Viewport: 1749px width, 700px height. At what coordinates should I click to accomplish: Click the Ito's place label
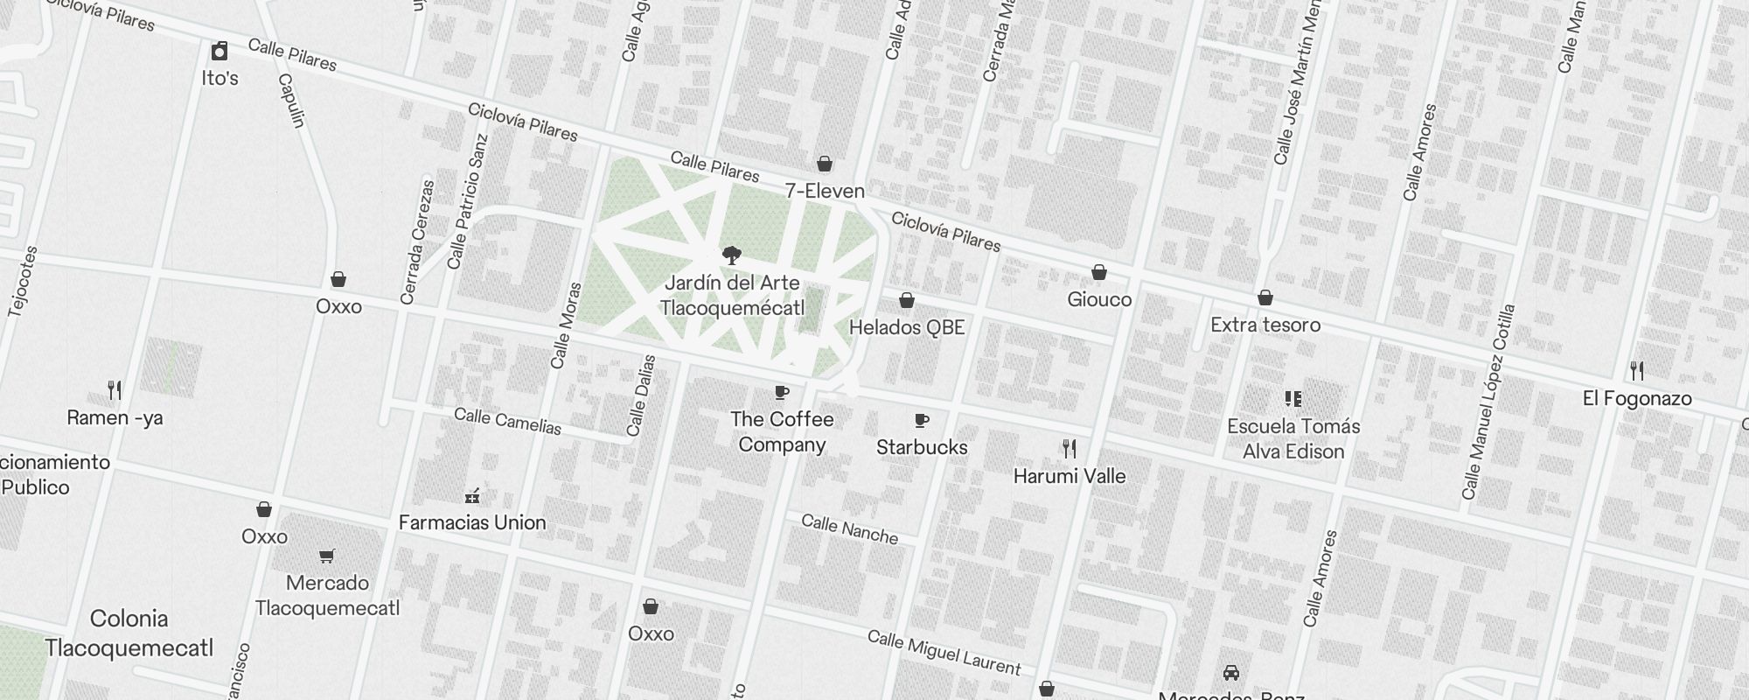click(219, 78)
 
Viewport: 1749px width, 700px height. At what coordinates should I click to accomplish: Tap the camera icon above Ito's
click(219, 51)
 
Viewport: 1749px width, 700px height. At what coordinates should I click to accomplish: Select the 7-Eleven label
click(825, 191)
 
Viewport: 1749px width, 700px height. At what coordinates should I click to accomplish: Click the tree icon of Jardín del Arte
click(732, 255)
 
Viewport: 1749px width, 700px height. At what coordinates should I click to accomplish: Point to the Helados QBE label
click(907, 327)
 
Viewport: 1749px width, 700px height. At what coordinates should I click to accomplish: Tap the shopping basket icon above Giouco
click(1099, 273)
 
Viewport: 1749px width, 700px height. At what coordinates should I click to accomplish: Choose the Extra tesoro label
click(1265, 325)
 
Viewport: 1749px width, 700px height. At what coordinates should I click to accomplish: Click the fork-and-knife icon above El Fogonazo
click(1637, 371)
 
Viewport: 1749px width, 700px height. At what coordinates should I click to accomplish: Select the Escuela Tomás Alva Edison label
click(1293, 438)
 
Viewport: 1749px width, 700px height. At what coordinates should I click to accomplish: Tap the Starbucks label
click(922, 447)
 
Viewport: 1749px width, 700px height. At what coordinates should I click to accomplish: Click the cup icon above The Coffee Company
click(782, 392)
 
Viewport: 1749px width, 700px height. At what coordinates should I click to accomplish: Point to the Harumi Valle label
click(1070, 476)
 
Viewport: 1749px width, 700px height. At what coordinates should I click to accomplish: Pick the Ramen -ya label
click(115, 417)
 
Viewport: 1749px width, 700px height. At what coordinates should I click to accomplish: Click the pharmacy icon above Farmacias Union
click(472, 496)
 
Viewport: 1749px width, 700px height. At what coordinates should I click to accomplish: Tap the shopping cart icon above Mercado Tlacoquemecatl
click(327, 556)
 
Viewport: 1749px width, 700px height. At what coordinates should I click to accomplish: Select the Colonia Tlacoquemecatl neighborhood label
click(129, 633)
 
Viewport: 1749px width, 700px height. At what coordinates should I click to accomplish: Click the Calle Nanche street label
click(850, 529)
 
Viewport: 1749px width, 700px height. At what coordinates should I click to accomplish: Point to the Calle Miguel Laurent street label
click(944, 653)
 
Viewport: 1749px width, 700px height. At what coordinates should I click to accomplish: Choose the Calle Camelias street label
click(507, 421)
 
